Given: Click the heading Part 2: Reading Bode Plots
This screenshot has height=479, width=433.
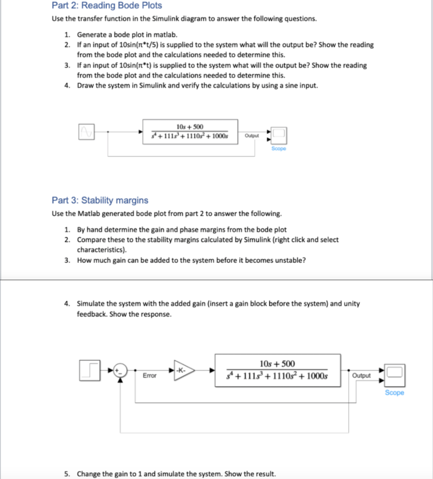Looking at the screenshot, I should (x=107, y=6).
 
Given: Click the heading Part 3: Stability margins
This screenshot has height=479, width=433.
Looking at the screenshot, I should (x=100, y=201).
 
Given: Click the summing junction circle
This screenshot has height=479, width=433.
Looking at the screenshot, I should (x=121, y=370).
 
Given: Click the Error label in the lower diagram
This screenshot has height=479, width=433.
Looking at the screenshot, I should (x=150, y=376).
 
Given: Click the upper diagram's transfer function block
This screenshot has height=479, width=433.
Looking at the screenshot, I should (x=191, y=131).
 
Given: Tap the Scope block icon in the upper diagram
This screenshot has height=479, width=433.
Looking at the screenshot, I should (x=279, y=135).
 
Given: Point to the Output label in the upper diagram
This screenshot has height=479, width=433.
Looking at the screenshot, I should (x=252, y=136).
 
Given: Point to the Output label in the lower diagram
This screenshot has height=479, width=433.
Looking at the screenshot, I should (x=361, y=376).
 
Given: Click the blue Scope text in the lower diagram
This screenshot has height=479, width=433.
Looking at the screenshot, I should (x=394, y=393).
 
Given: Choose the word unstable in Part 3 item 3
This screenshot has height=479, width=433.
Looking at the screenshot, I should (x=290, y=261).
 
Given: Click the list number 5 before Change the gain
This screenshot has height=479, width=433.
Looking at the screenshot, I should (x=67, y=473).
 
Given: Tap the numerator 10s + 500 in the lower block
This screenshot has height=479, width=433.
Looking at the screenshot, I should (x=277, y=363).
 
